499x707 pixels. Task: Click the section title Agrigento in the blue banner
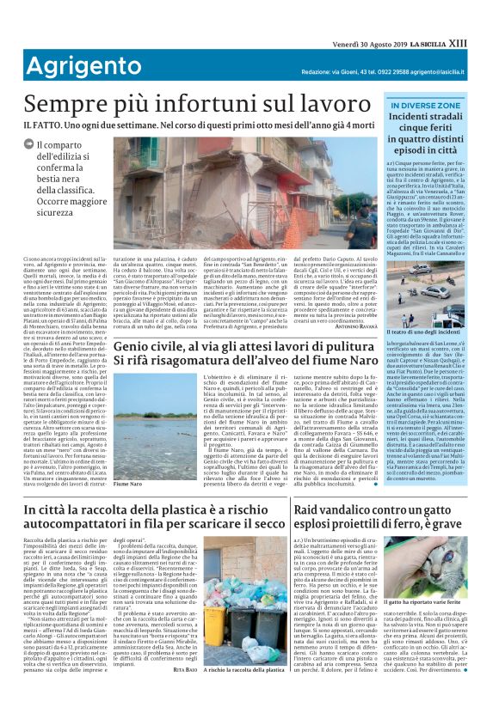click(77, 65)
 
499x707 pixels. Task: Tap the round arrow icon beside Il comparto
click(29, 144)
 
